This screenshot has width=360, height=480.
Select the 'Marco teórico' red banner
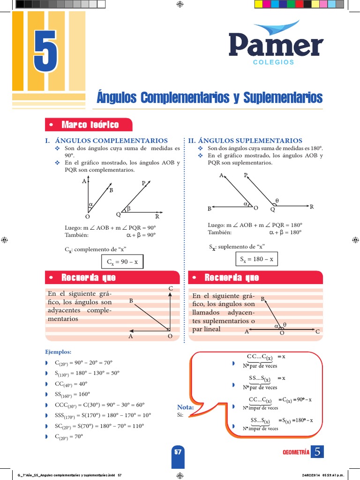coord(89,125)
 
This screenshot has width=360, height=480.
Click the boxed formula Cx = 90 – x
coord(122,262)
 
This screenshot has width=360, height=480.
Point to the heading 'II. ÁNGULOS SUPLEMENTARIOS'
coord(245,141)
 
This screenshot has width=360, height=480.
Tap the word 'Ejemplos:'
coord(59,352)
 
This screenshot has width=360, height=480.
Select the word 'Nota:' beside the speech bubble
coord(186,407)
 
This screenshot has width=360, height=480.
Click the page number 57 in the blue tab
coord(178,452)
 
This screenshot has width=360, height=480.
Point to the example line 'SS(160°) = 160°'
coord(73,394)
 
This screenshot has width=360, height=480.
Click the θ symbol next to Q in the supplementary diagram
coord(277,201)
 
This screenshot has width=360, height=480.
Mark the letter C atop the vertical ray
coord(171,288)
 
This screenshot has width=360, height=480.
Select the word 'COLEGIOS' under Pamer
coord(273,62)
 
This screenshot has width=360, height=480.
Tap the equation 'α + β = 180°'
coord(285,232)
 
